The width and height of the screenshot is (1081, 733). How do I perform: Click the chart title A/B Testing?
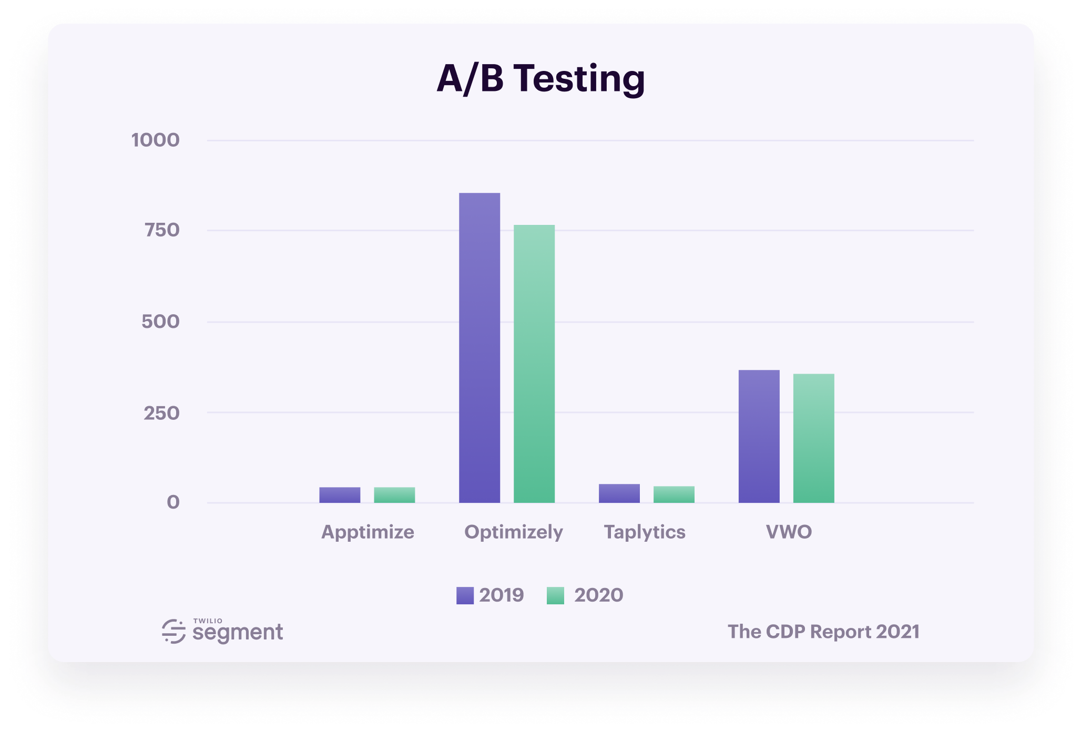540,79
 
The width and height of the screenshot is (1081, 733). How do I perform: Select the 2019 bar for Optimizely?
480,348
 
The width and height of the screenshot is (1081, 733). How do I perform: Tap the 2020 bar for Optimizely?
534,364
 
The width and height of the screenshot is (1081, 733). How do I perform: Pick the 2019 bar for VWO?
759,436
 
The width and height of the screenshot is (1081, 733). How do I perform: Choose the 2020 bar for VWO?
813,438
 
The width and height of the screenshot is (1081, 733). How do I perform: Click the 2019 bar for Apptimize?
340,495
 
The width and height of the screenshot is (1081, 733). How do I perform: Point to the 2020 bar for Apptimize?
394,495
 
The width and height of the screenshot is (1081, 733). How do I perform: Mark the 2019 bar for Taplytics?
619,493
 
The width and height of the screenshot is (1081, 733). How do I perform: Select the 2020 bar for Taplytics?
674,494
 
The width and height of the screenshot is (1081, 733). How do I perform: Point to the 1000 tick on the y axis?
156,140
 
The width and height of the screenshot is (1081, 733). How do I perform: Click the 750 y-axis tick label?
162,230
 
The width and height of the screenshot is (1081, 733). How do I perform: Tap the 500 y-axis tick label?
160,322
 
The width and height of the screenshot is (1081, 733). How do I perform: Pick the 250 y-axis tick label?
161,413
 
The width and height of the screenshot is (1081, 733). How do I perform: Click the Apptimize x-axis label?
368,532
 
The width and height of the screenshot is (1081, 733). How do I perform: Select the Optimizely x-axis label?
513,532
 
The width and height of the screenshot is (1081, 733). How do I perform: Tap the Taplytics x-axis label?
645,532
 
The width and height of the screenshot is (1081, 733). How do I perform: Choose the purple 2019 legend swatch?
465,595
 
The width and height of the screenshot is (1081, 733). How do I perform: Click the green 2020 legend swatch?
555,595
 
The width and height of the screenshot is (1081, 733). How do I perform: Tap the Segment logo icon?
174,631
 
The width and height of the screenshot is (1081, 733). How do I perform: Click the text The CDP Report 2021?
823,632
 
